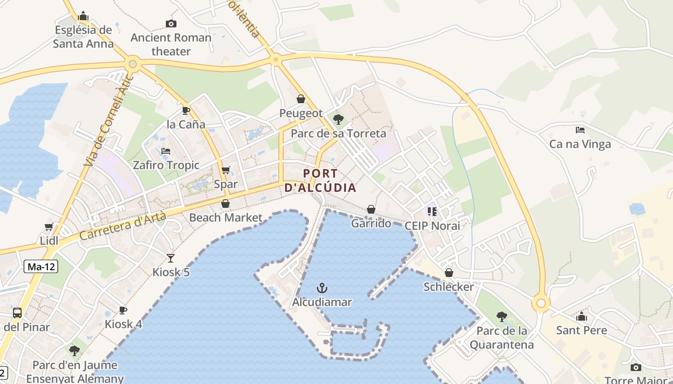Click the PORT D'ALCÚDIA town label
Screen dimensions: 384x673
coord(321,180)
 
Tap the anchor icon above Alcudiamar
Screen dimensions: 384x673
coord(322,288)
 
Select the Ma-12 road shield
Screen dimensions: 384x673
coord(41,267)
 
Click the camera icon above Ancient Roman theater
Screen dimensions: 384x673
coord(171,24)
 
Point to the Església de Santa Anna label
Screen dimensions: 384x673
coord(83,36)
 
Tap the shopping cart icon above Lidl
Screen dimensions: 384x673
coord(49,227)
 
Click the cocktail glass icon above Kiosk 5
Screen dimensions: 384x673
coord(171,258)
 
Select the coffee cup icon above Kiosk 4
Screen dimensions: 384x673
coord(123,310)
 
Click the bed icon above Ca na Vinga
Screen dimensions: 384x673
coord(580,130)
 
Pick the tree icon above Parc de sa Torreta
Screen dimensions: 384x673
coord(338,120)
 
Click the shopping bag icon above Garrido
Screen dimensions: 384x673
coord(371,209)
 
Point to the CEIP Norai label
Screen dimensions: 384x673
coord(432,226)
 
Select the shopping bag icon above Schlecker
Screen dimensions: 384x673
coord(449,273)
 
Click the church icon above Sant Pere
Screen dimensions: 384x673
coord(582,316)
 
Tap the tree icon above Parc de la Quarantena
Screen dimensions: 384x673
coord(501,317)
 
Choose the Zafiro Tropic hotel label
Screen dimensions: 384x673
coord(166,165)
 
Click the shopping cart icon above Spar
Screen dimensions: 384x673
coord(225,170)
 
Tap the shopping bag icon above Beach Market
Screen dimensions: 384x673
coord(225,204)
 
